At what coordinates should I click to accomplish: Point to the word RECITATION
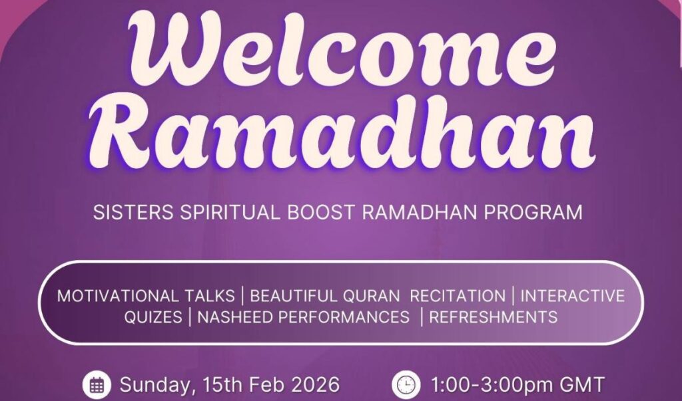click(458, 296)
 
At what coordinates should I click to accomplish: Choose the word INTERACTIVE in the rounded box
click(573, 296)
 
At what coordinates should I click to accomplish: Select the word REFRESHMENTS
click(493, 317)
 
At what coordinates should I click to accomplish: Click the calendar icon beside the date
click(97, 385)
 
